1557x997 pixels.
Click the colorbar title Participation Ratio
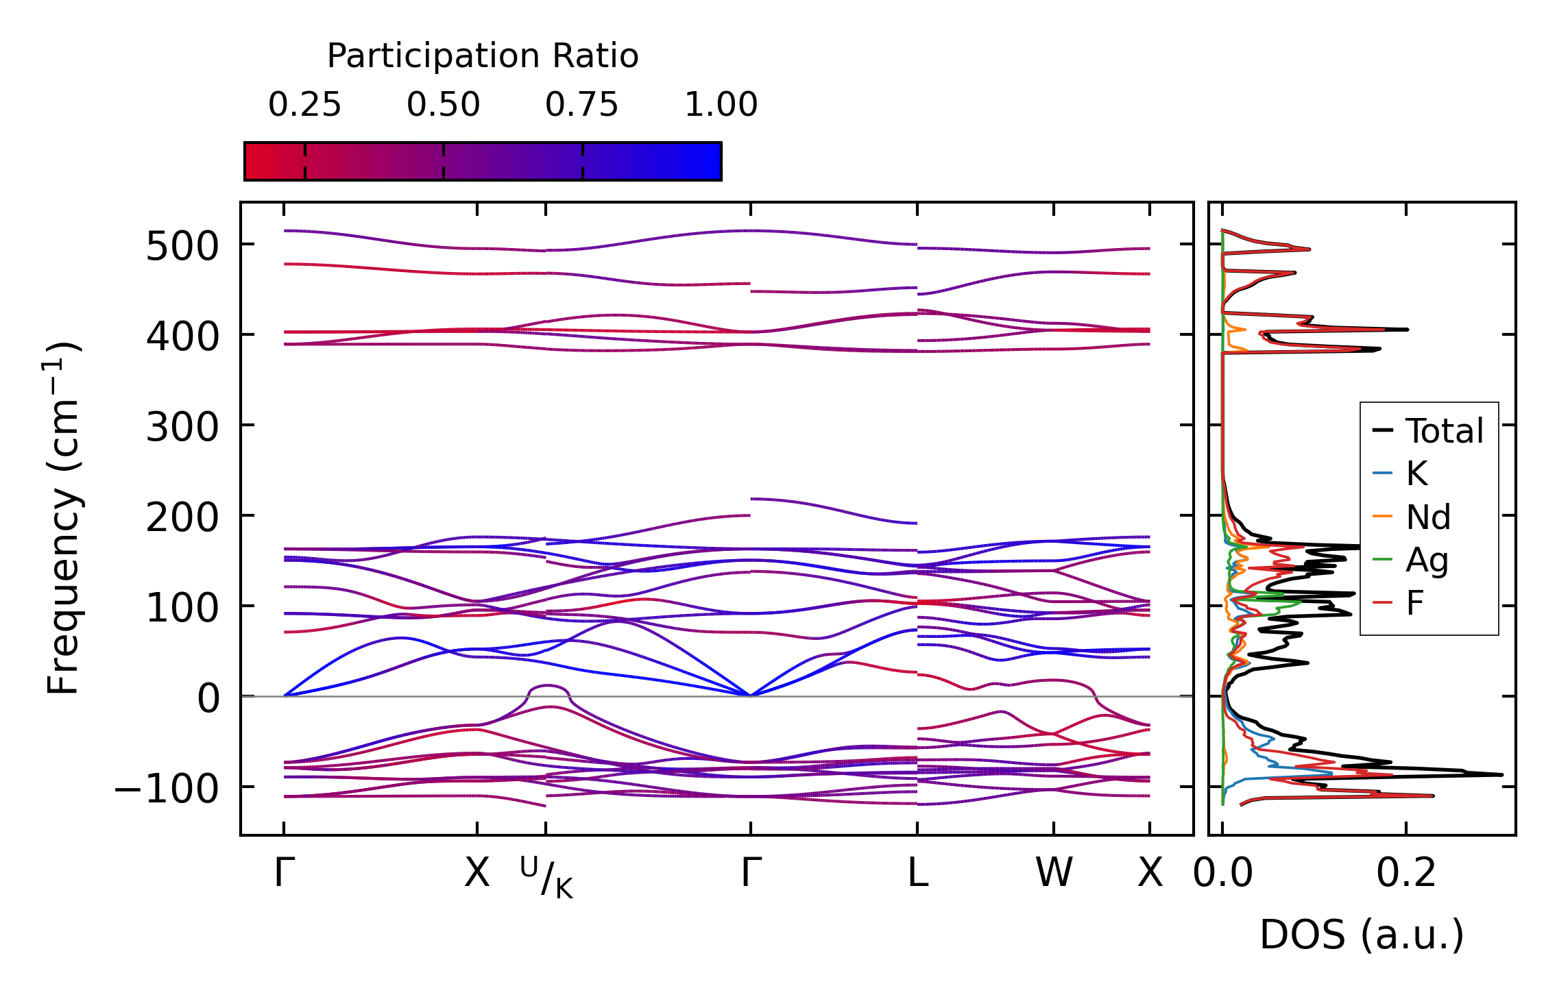pyautogui.click(x=482, y=56)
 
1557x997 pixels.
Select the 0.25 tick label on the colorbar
pyautogui.click(x=304, y=105)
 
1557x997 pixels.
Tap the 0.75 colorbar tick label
pyautogui.click(x=581, y=105)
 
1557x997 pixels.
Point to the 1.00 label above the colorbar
pyautogui.click(x=721, y=105)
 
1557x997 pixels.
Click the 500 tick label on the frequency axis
pyautogui.click(x=182, y=247)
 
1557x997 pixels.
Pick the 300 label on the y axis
pyautogui.click(x=182, y=428)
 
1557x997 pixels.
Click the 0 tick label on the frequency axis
pyautogui.click(x=208, y=700)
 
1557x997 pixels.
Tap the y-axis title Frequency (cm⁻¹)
pyautogui.click(x=64, y=518)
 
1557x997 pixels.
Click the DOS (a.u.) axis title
pyautogui.click(x=1362, y=935)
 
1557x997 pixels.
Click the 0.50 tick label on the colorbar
pyautogui.click(x=443, y=105)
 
